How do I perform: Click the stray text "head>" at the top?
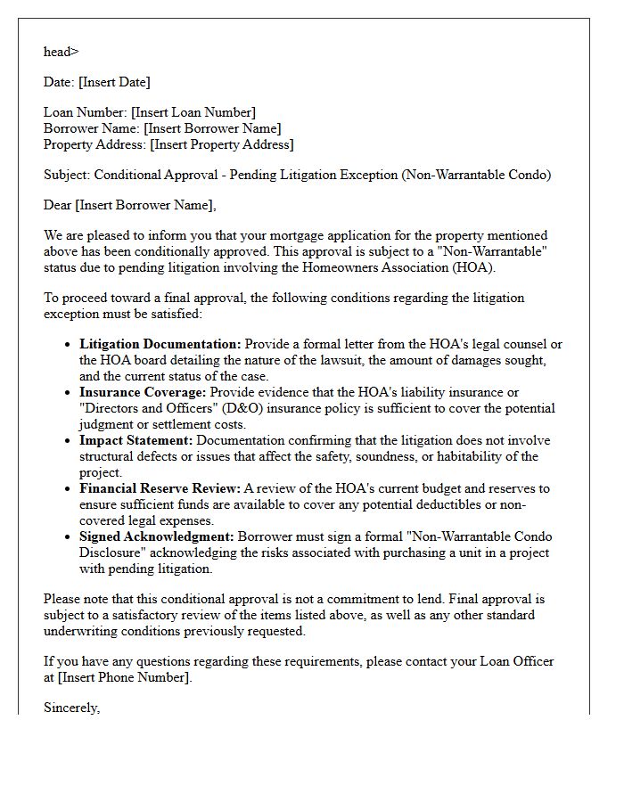tap(61, 52)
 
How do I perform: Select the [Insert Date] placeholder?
tap(114, 82)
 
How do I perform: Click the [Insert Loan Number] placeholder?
tap(193, 112)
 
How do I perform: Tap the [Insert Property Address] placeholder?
tap(221, 144)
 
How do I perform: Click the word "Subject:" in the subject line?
tap(67, 175)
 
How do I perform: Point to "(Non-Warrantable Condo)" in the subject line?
tap(477, 175)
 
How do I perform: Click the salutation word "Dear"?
tap(58, 205)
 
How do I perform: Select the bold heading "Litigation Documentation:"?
tap(160, 344)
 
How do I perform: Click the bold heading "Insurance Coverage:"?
tap(143, 392)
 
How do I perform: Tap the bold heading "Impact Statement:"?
tap(136, 440)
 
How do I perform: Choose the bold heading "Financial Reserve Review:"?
tap(160, 488)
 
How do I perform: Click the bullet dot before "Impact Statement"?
tap(68, 441)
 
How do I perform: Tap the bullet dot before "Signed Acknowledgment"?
tap(68, 537)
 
